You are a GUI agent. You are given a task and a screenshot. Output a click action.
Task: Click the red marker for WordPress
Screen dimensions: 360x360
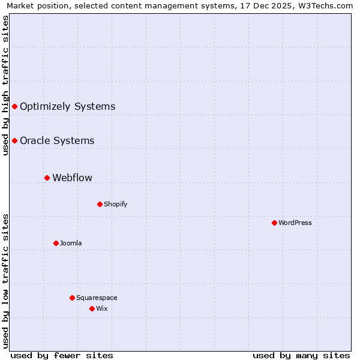pos(274,223)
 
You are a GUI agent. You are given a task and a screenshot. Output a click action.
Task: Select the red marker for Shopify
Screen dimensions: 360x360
pos(100,204)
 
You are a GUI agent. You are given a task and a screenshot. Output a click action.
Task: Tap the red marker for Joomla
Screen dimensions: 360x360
pos(56,243)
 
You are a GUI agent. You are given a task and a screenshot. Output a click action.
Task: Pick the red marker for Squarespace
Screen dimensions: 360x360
pos(72,298)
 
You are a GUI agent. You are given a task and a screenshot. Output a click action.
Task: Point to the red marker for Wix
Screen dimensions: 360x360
pos(92,308)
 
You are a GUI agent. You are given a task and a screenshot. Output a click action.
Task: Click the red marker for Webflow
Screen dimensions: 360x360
pos(47,178)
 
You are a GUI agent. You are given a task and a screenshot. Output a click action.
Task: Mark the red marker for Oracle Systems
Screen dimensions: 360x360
pos(14,140)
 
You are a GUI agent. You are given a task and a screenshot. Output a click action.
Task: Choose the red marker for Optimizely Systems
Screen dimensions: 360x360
pos(14,106)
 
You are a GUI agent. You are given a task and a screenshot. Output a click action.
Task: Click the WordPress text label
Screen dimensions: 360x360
pos(295,223)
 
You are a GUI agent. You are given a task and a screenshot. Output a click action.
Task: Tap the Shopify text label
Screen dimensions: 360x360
pos(116,204)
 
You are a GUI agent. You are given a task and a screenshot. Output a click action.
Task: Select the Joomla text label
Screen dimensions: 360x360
pos(71,243)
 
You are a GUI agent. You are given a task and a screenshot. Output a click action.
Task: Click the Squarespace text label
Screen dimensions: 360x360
pos(97,298)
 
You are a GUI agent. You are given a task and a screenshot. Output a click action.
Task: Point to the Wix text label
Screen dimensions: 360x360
pos(102,308)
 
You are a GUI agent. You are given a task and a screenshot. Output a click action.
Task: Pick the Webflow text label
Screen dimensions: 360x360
pos(73,178)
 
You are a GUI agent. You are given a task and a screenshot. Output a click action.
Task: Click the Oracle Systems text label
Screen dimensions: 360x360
pos(57,140)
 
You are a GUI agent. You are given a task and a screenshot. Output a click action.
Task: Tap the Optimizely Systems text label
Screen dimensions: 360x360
pos(67,106)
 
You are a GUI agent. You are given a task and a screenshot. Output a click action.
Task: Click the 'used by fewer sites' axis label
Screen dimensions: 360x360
pos(62,355)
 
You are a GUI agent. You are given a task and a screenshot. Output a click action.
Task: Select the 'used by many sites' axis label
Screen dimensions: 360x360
pos(301,355)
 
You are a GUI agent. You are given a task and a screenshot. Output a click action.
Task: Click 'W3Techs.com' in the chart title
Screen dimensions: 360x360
pos(326,6)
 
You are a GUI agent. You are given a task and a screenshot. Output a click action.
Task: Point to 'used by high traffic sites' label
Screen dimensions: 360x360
pos(6,85)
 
